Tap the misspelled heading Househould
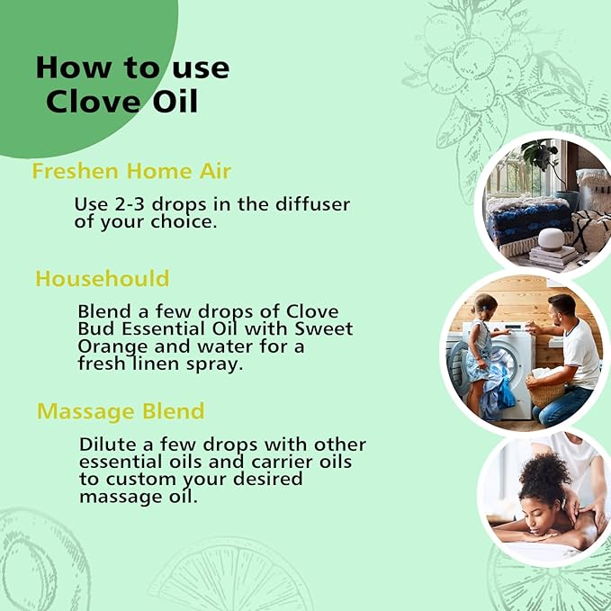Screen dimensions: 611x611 click(102, 278)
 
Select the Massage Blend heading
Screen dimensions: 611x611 click(121, 411)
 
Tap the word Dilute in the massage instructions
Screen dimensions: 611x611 click(108, 445)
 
